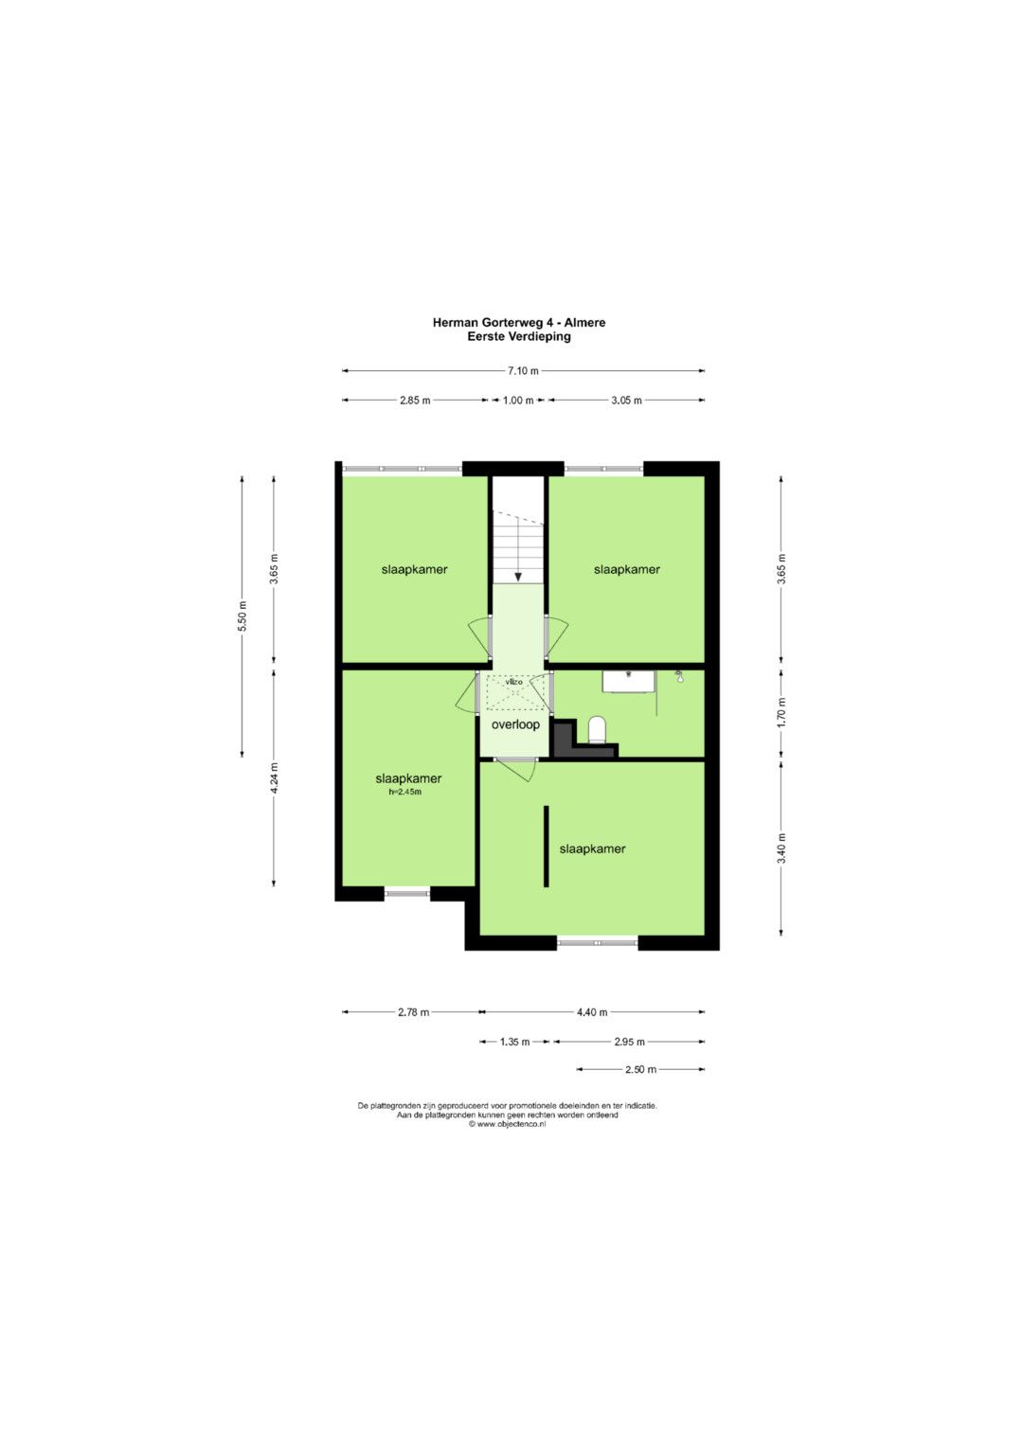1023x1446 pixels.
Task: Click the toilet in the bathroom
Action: point(598,729)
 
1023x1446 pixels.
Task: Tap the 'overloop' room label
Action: point(515,724)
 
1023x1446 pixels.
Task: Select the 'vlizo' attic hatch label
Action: point(514,682)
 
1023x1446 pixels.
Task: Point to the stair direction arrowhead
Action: point(518,577)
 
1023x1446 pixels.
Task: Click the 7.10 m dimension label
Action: point(523,370)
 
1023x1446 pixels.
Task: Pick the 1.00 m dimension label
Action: point(519,401)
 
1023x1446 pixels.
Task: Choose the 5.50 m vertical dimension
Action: point(242,616)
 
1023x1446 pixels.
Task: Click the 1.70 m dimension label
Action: point(781,713)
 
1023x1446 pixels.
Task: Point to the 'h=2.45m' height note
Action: point(405,792)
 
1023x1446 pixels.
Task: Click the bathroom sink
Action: point(628,681)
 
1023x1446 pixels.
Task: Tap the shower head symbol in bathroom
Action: point(679,676)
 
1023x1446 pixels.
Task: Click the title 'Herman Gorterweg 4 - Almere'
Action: point(519,322)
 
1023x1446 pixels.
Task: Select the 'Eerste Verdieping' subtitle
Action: point(519,336)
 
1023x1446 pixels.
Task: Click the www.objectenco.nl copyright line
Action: point(508,1124)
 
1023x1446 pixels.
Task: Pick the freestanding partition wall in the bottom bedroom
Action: point(547,847)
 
